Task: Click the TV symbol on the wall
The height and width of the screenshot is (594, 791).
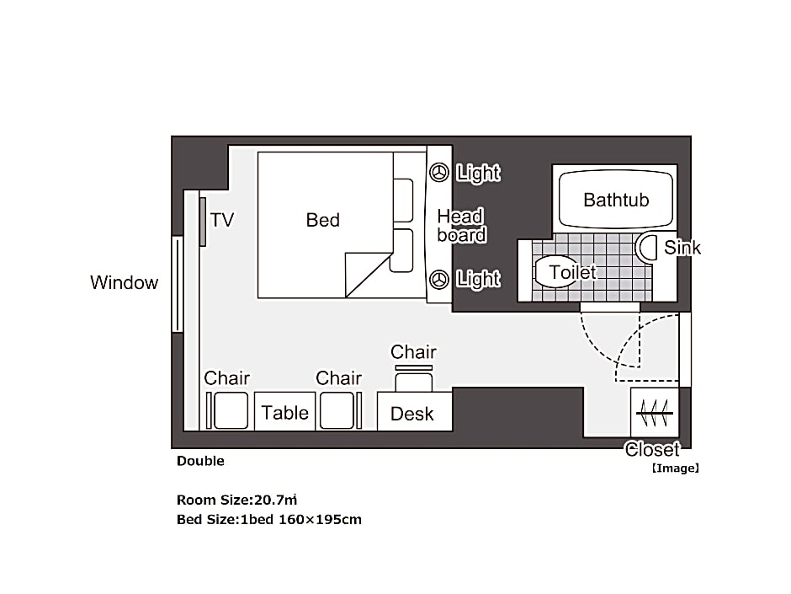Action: tap(202, 222)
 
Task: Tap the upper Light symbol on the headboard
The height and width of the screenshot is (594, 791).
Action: tap(439, 172)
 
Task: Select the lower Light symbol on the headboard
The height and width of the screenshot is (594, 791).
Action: tap(439, 280)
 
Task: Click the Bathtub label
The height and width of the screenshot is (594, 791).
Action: tap(616, 200)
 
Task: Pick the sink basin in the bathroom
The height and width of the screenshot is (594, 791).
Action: tap(646, 248)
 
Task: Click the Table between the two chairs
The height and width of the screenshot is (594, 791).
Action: tap(285, 411)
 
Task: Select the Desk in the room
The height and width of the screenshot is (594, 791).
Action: tap(415, 411)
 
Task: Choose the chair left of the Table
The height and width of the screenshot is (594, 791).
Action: tap(227, 410)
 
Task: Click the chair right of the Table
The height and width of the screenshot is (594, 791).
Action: tap(341, 410)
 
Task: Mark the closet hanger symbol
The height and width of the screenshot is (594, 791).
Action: tap(655, 413)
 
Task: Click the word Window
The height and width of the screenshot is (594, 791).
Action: tap(124, 282)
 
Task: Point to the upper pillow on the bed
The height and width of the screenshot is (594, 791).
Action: tap(403, 200)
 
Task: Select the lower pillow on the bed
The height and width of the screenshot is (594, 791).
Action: tap(402, 251)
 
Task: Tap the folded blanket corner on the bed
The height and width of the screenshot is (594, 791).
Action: tap(369, 275)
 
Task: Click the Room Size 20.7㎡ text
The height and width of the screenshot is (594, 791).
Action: tap(236, 500)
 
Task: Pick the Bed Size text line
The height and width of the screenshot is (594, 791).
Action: tap(269, 519)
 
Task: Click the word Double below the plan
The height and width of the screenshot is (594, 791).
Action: tap(200, 461)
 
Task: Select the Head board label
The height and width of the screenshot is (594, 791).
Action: tap(462, 226)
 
